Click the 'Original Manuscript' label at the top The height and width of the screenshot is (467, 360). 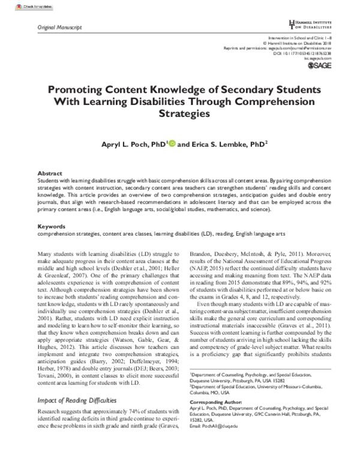click(60, 28)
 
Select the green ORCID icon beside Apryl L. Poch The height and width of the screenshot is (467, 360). click(172, 144)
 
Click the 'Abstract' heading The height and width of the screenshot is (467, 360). click(49, 171)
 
